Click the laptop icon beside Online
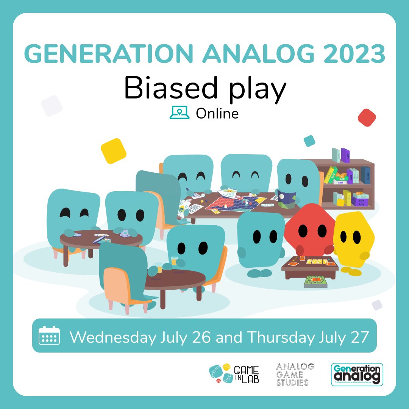point(179,112)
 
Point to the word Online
point(217,113)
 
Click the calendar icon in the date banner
point(49,336)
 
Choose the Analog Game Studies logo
point(295,374)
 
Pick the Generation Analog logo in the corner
point(356,374)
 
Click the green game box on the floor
point(315,281)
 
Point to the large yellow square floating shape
point(113,151)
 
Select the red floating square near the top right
point(366,117)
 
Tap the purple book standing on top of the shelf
point(345,155)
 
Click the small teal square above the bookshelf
point(309,141)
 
